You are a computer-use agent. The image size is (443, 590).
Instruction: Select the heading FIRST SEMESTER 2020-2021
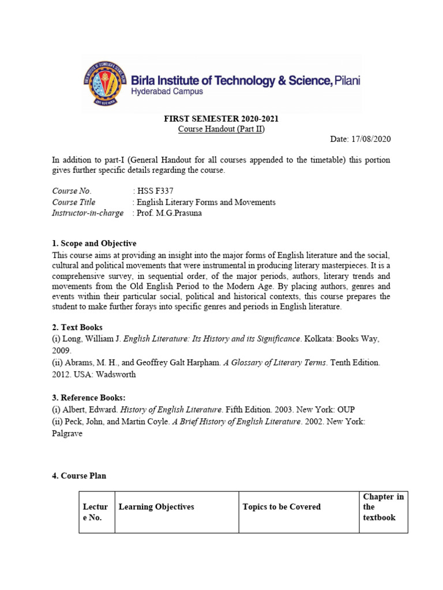point(221,119)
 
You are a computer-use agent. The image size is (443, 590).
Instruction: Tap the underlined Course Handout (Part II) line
point(221,129)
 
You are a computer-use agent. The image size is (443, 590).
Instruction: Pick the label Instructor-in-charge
point(88,213)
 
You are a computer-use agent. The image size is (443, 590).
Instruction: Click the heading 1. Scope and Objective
point(94,243)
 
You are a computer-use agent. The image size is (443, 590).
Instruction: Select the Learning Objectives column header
point(156,507)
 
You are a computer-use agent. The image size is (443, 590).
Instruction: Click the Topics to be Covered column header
point(281,507)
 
